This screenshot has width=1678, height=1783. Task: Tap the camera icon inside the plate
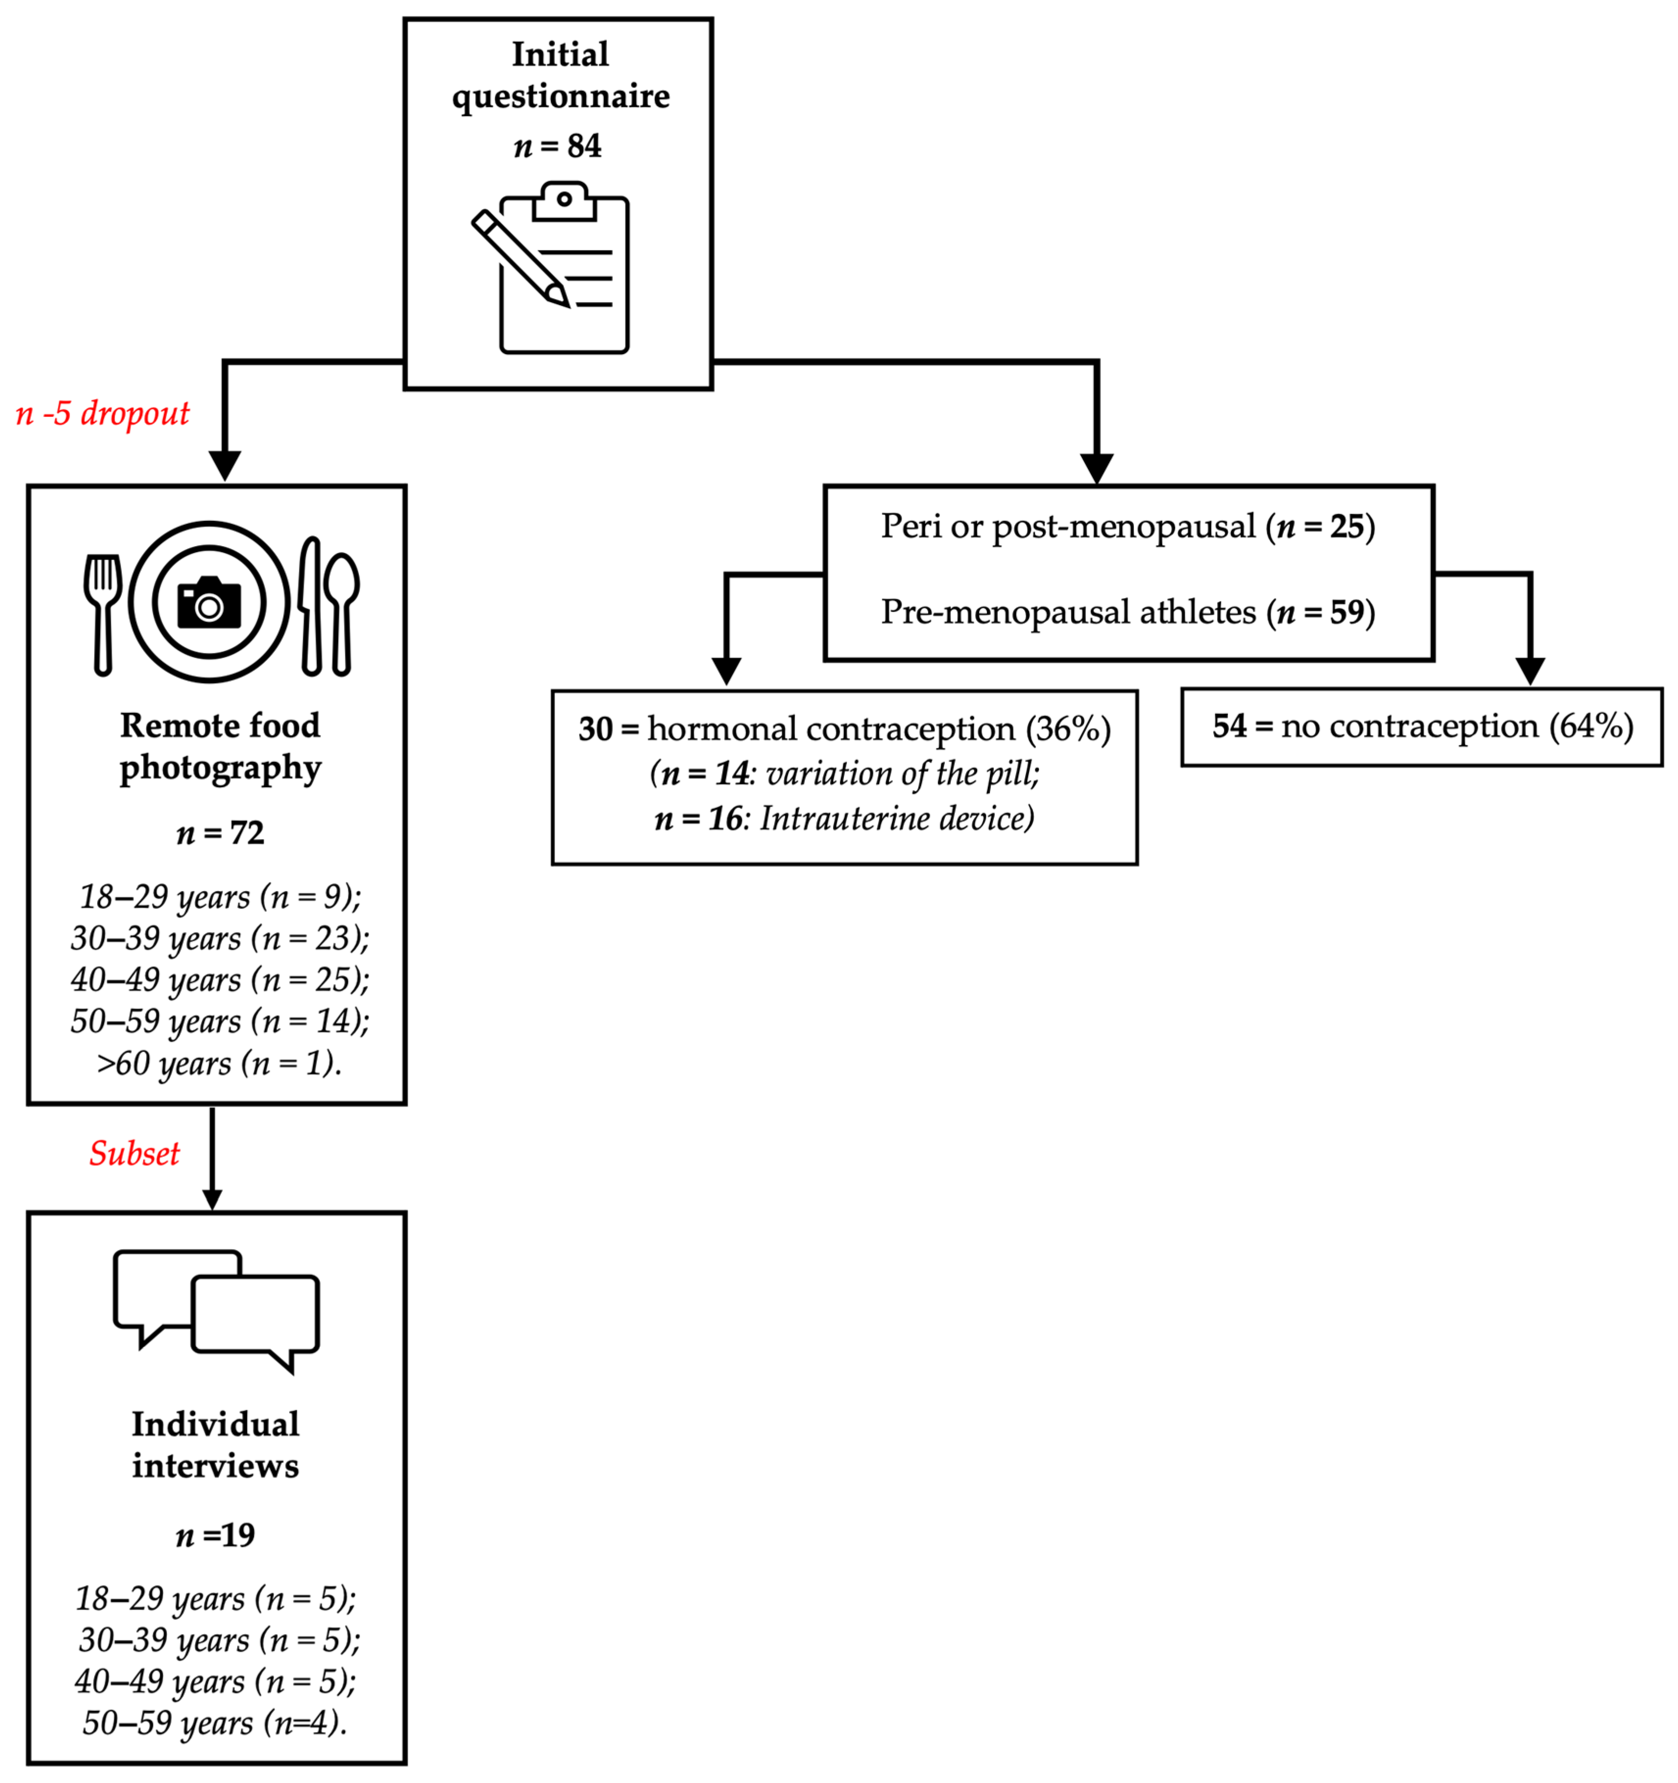coord(209,602)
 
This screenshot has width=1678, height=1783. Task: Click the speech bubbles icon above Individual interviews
coord(216,1311)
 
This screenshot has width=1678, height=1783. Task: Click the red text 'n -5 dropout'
coord(103,413)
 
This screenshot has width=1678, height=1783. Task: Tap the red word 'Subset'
coord(135,1154)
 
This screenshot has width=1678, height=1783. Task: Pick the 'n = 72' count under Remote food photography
coord(220,833)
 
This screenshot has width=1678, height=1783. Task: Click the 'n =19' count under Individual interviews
coord(215,1536)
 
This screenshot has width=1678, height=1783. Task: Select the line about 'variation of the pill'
coord(844,773)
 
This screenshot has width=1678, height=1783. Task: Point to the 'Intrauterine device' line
coord(844,818)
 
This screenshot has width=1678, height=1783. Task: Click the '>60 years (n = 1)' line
coord(220,1064)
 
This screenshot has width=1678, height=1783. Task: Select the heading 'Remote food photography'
coord(220,746)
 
